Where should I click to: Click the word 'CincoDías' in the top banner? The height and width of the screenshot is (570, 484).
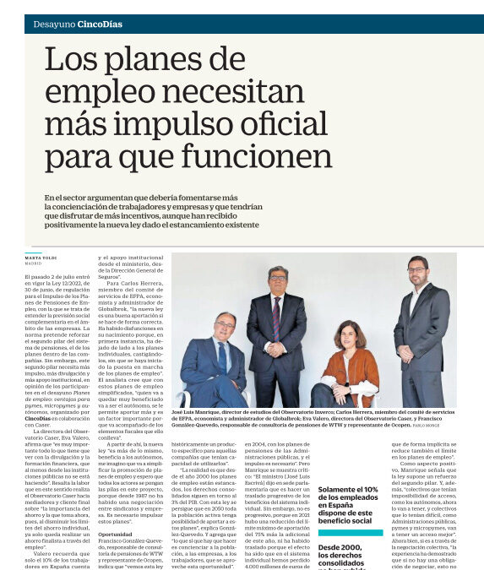coord(100,24)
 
